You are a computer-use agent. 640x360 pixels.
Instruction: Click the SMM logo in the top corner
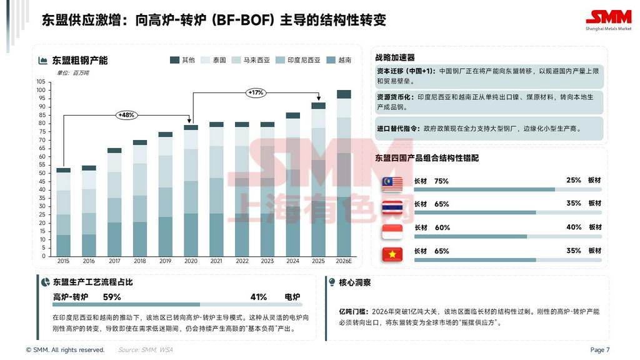click(x=608, y=19)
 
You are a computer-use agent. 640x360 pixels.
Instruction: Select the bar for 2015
click(x=63, y=212)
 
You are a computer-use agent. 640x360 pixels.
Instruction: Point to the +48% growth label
click(x=126, y=115)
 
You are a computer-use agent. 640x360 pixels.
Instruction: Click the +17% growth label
click(x=256, y=92)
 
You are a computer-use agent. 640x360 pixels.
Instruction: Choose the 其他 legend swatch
click(x=175, y=60)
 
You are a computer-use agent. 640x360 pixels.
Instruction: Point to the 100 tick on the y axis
click(x=41, y=90)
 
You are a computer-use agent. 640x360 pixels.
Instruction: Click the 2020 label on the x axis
click(x=191, y=261)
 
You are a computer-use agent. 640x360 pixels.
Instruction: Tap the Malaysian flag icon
click(x=392, y=183)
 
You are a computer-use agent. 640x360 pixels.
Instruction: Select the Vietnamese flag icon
click(x=392, y=254)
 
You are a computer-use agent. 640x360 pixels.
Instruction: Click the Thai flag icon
click(x=392, y=207)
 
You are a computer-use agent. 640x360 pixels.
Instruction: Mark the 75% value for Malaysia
click(x=441, y=181)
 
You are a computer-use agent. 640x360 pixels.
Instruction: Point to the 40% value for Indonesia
click(x=574, y=227)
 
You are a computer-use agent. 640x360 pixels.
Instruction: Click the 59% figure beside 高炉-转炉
click(x=112, y=297)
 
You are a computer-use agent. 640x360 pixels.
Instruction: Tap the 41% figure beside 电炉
click(x=259, y=297)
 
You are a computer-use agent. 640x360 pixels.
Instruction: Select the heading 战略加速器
click(x=395, y=57)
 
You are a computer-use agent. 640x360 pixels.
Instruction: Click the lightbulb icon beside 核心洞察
click(x=331, y=282)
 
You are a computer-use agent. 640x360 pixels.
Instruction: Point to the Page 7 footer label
click(x=599, y=350)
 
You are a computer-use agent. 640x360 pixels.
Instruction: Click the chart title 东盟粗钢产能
click(x=80, y=61)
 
